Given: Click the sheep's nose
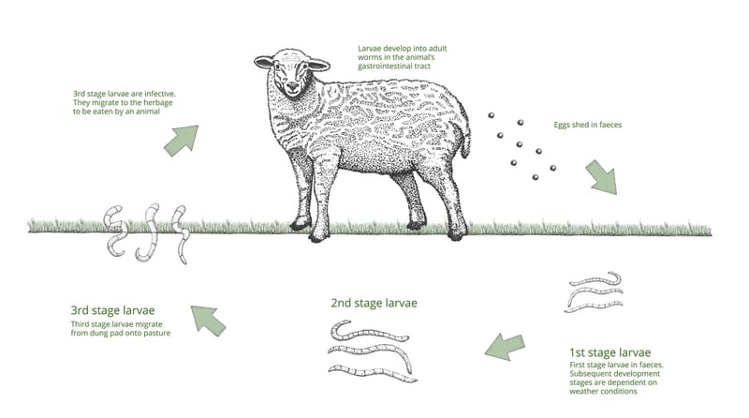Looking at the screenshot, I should coord(291,91).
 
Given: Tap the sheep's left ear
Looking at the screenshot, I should coord(319,65).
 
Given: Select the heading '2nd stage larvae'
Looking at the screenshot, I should coord(374,303).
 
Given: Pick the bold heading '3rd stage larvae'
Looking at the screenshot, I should coord(112,310).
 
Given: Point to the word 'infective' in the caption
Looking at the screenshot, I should coord(157,94).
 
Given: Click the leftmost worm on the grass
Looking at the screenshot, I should coord(113,230).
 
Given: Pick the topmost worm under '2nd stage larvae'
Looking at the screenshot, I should coord(369,331).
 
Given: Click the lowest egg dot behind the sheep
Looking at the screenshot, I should coord(534,177).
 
